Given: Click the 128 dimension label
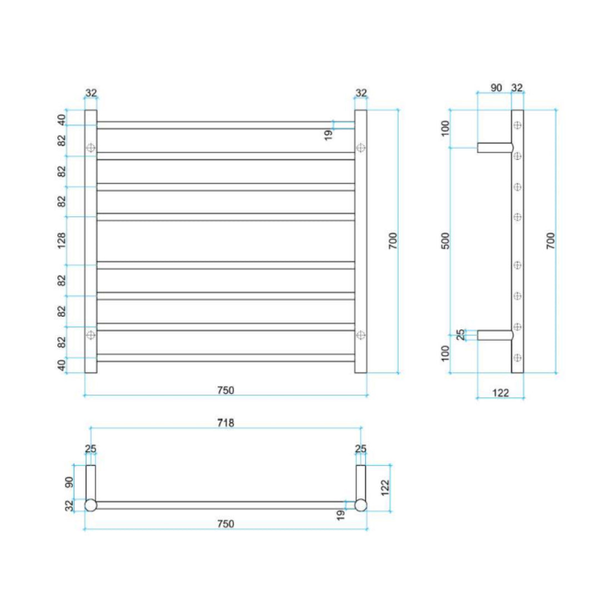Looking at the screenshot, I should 62,240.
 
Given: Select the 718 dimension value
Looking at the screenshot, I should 225,423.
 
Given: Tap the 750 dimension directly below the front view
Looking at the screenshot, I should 226,390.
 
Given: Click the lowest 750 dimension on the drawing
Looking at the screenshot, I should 225,523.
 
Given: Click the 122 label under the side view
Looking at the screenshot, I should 501,393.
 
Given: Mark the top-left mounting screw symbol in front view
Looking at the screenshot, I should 91,148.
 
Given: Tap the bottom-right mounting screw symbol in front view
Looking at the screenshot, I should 361,334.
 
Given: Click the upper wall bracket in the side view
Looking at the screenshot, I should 494,147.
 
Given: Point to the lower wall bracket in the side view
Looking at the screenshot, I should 494,335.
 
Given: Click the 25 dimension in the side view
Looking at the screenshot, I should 461,334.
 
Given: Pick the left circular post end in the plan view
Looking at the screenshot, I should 91,505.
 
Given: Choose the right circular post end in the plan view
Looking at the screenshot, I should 361,505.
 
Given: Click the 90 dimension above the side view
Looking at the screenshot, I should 496,88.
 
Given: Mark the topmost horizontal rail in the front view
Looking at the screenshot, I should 226,125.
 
